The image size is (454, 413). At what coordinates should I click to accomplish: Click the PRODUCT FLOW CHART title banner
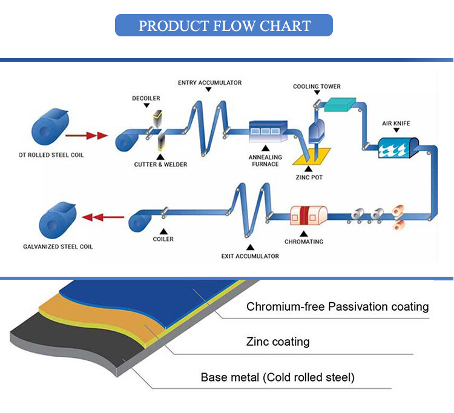coord(224,25)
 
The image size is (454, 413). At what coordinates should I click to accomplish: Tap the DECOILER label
coord(146,98)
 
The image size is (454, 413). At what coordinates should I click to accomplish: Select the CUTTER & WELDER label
coord(161,164)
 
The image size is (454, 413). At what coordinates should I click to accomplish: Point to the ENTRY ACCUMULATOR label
coord(209,82)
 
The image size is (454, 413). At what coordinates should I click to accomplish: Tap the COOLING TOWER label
coord(317,87)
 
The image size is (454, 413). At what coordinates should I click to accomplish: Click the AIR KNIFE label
coord(396,124)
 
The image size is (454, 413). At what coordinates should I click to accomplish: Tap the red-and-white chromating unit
coord(309,217)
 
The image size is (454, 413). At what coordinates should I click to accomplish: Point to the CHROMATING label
coord(304,242)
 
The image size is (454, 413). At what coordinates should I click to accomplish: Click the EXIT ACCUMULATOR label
coord(250,256)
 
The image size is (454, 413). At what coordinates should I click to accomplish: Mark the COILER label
coord(163,239)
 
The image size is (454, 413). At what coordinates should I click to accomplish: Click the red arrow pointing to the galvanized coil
coord(100,216)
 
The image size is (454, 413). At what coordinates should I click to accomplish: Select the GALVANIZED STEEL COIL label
coord(58,247)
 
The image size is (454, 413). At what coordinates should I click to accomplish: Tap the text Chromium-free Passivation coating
coord(337,307)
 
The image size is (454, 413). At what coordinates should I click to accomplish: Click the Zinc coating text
coord(278,342)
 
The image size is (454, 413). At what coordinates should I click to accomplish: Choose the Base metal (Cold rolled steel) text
coord(277,378)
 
